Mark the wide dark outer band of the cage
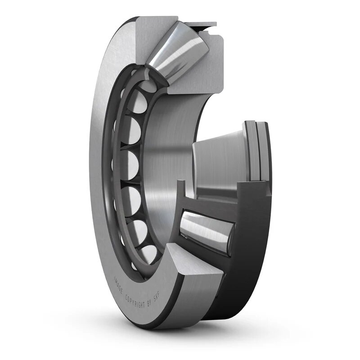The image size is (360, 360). click(x=252, y=252)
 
